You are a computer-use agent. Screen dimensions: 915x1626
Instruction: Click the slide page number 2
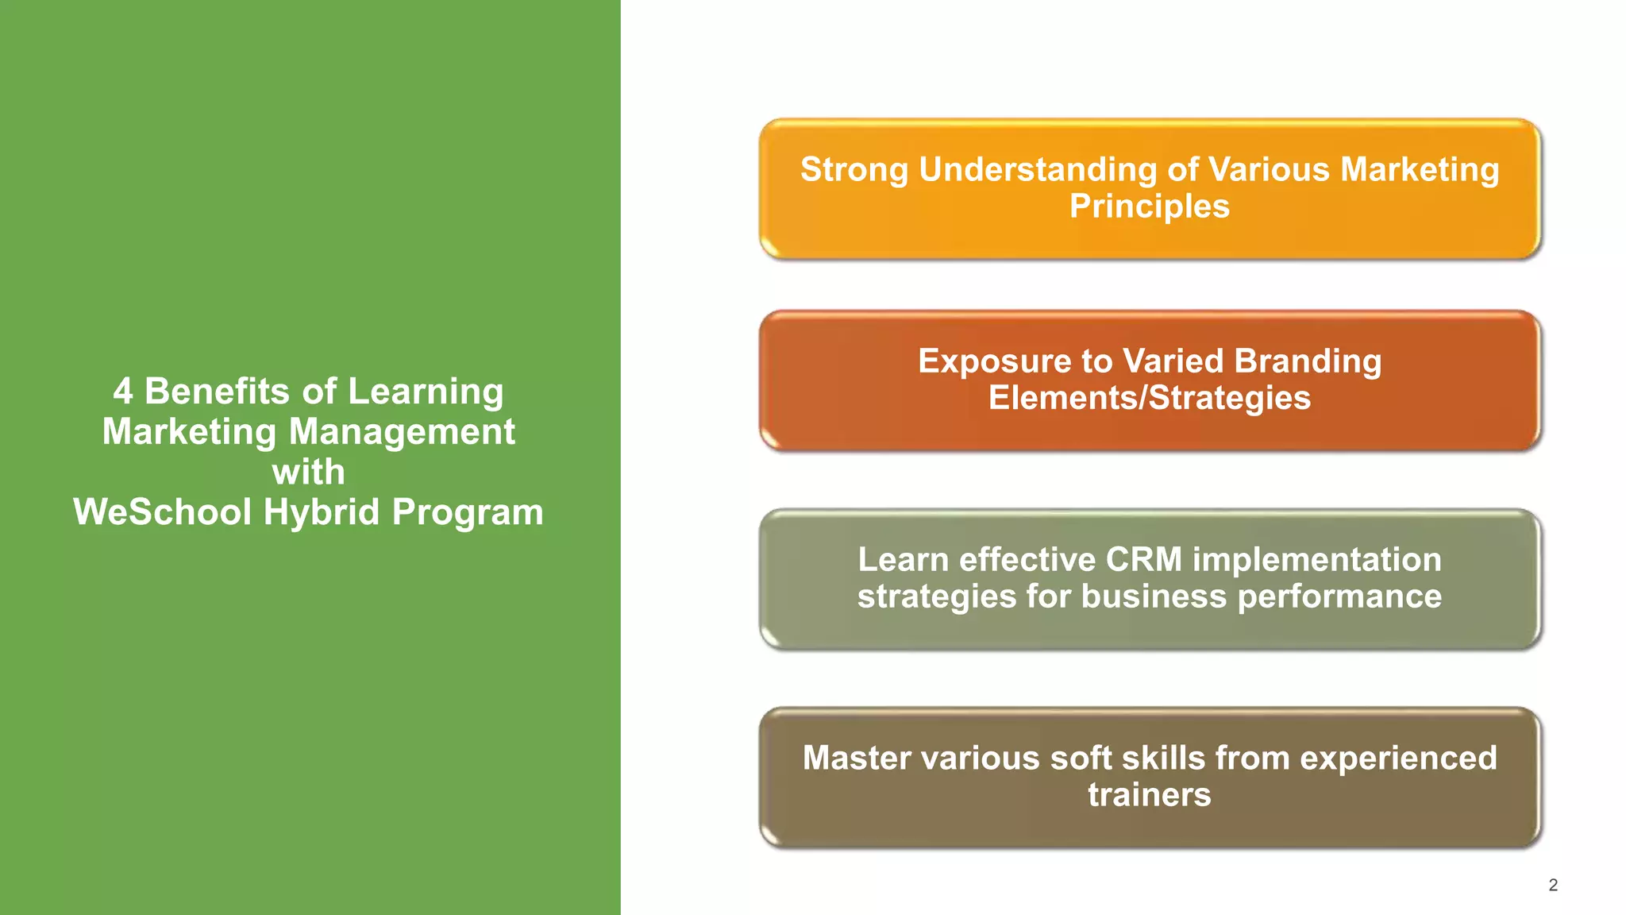1553,885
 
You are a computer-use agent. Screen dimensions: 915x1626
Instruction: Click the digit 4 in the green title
122,392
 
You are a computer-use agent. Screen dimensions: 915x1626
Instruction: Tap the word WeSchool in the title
163,512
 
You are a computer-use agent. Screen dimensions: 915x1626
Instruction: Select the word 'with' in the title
308,472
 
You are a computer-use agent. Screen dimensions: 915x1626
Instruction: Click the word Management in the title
401,432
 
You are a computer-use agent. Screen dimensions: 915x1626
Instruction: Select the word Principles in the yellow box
1149,207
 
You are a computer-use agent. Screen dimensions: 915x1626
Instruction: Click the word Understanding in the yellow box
1038,171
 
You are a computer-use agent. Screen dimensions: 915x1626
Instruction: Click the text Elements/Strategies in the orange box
1149,398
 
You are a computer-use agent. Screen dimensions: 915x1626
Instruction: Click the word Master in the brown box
856,758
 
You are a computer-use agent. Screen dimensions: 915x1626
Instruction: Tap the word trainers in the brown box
1149,794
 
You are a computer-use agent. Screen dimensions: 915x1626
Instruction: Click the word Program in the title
468,513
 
